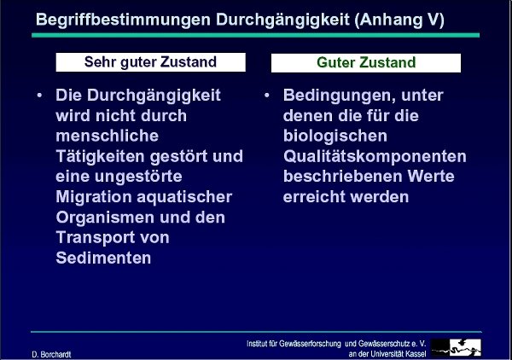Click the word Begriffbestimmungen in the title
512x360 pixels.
[x=123, y=20]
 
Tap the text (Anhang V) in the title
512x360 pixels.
[x=399, y=20]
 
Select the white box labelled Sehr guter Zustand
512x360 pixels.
[x=150, y=62]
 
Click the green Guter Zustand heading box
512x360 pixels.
[x=366, y=62]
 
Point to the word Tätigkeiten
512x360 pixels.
[x=100, y=156]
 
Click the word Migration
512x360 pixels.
[x=94, y=197]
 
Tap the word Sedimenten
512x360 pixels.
[x=103, y=258]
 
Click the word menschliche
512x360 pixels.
[x=108, y=136]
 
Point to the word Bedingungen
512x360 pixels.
[x=338, y=96]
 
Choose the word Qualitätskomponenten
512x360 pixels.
[x=375, y=156]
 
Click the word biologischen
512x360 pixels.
[x=335, y=136]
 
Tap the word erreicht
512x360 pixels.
[x=314, y=197]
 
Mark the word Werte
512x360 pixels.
[x=431, y=177]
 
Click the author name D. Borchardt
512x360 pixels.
[x=51, y=354]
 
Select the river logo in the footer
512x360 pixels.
[x=456, y=347]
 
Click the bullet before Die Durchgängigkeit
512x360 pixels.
[x=39, y=96]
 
